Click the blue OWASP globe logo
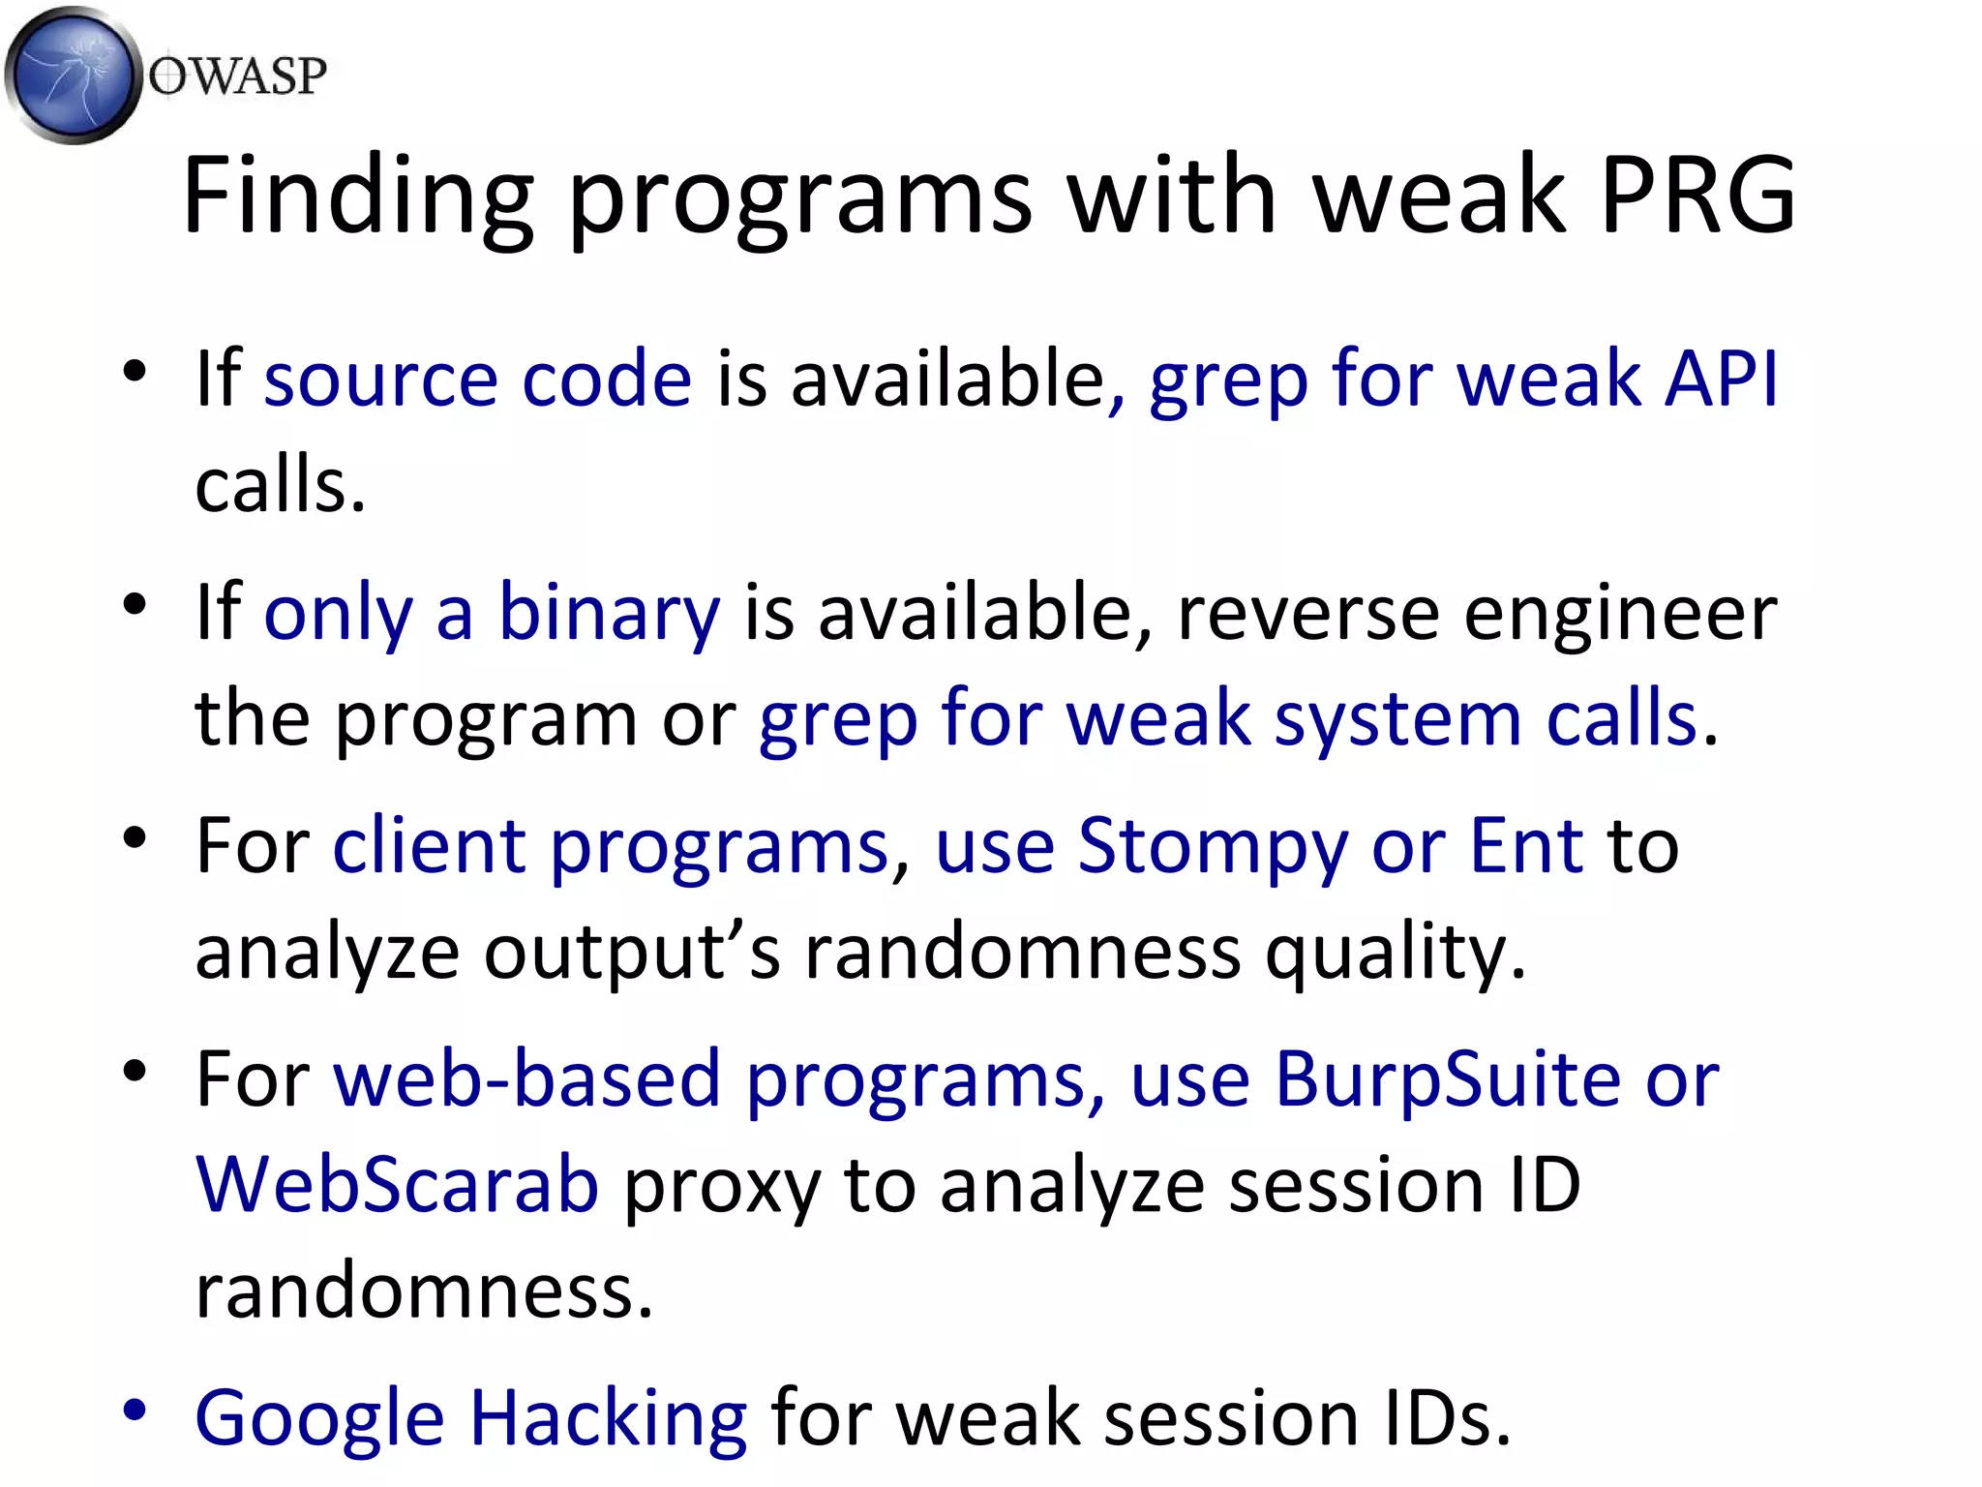click(x=73, y=76)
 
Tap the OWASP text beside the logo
click(x=237, y=76)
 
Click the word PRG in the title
click(x=1698, y=196)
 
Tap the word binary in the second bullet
click(x=609, y=613)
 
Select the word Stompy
click(x=1212, y=845)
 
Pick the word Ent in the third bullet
click(x=1526, y=845)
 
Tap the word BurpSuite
click(x=1448, y=1078)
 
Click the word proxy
click(x=722, y=1186)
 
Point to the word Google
click(x=319, y=1418)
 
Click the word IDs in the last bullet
click(x=1446, y=1418)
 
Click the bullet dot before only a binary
click(x=135, y=604)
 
